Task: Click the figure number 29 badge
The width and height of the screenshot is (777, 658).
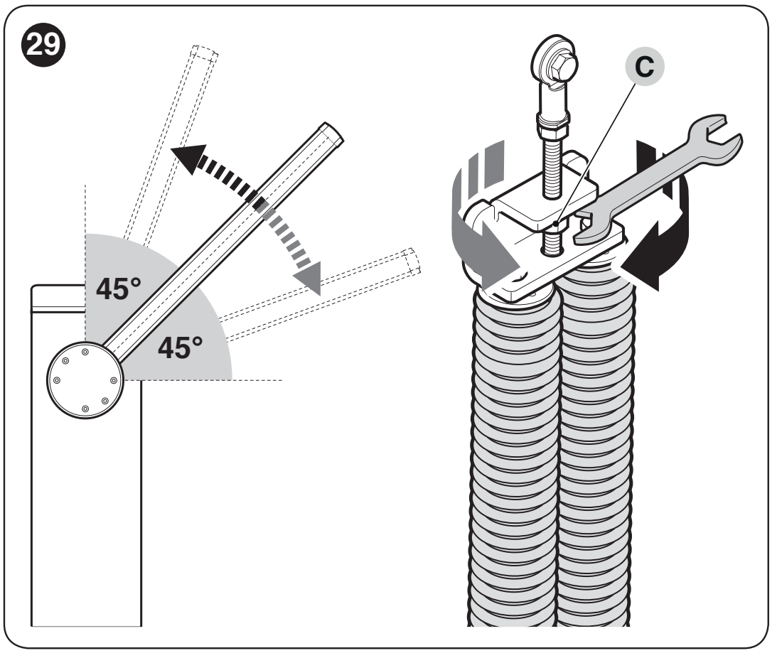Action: (43, 45)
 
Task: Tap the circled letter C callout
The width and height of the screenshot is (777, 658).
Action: (643, 66)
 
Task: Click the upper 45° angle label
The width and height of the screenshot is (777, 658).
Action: (119, 289)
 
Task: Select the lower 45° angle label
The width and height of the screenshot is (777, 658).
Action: (181, 347)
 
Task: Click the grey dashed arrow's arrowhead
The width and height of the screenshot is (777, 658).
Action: (309, 277)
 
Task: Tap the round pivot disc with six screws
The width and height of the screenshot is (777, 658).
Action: (85, 380)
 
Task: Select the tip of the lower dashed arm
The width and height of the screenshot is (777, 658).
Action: (412, 261)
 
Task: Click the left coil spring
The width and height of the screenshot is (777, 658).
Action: (515, 460)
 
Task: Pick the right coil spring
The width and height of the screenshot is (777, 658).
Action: (595, 446)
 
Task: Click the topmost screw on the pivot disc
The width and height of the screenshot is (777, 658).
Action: (85, 352)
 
